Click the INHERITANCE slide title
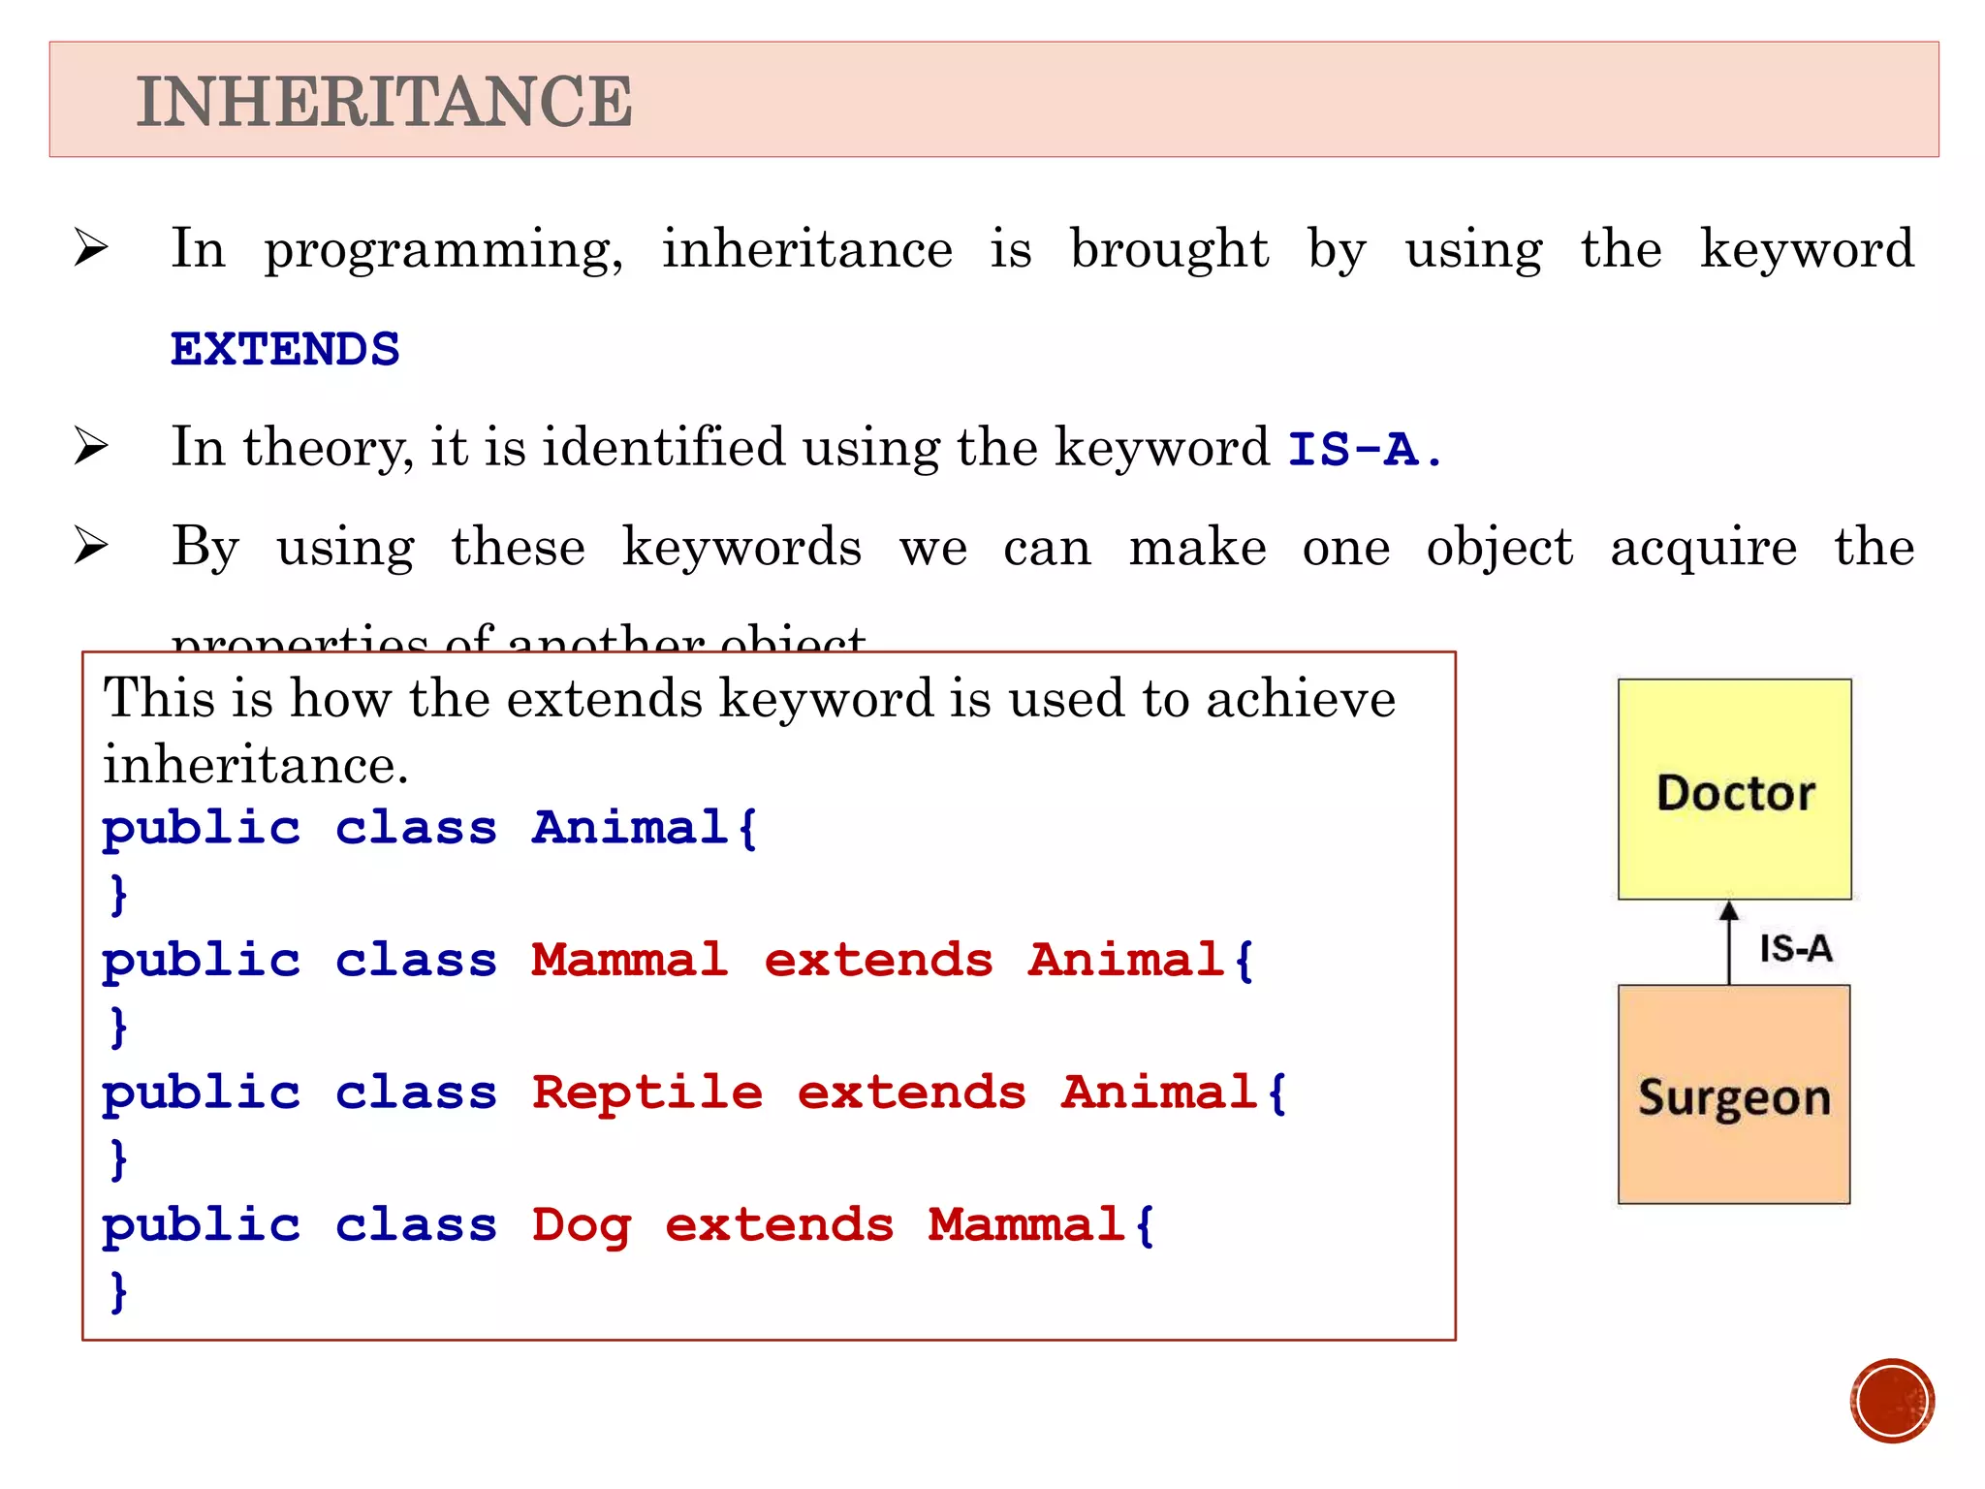tap(384, 102)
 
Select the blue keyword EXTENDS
tap(285, 349)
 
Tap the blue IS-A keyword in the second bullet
tap(1353, 449)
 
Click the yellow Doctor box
tap(1734, 789)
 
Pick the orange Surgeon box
tap(1734, 1095)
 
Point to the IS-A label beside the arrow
tap(1795, 948)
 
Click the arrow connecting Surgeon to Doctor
tap(1729, 943)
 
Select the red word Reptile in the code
tap(647, 1093)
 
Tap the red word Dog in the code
tap(582, 1225)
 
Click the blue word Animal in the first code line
tap(630, 828)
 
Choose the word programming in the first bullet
tap(444, 250)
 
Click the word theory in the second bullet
tap(328, 448)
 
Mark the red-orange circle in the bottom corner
tap(1891, 1401)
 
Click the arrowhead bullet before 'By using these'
tap(91, 546)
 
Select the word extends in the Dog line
tap(779, 1225)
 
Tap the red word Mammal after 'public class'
tap(630, 960)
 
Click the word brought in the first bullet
tap(1169, 249)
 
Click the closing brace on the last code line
tap(118, 1291)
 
